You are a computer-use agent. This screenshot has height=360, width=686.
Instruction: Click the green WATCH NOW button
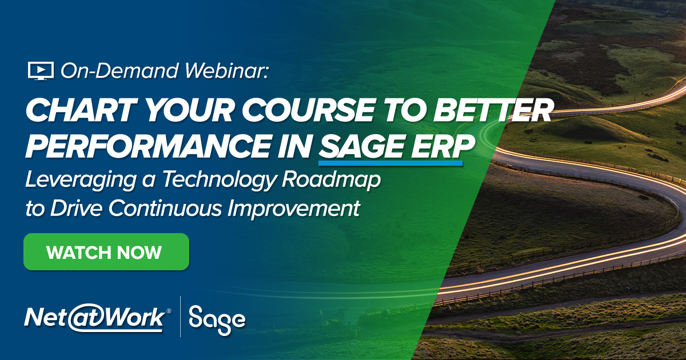click(106, 252)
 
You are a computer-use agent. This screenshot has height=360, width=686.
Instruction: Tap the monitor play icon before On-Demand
click(40, 71)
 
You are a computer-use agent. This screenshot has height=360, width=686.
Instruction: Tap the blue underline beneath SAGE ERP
click(390, 163)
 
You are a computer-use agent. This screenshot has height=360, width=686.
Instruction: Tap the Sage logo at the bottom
click(217, 318)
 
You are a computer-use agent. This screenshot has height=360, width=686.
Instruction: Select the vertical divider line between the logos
click(181, 317)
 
